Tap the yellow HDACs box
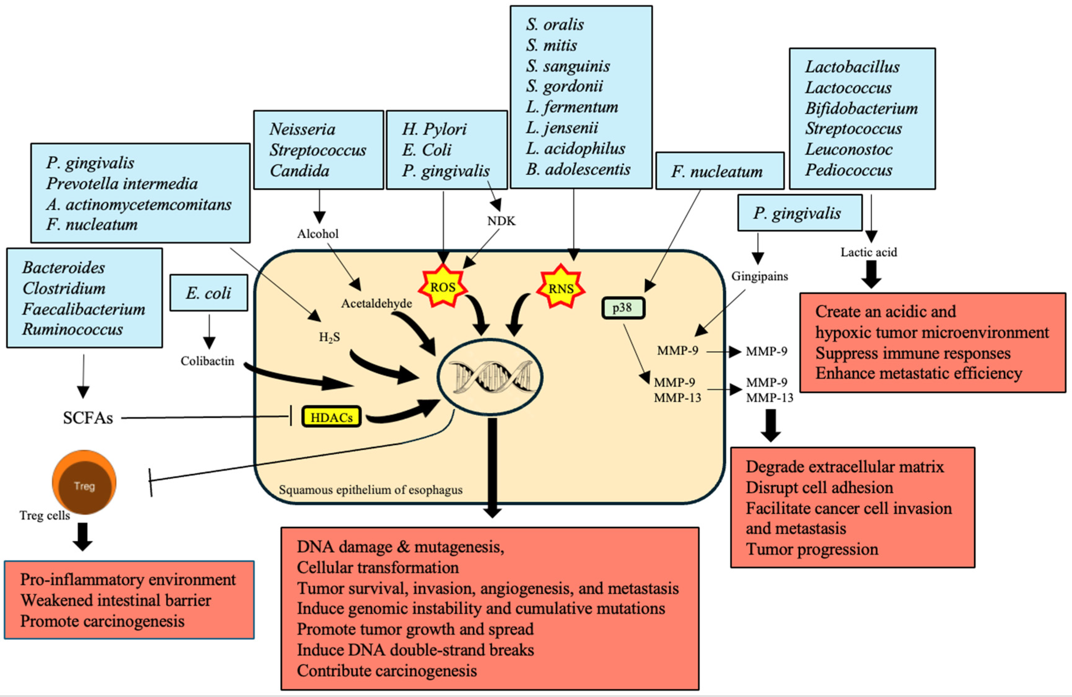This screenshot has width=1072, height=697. (x=331, y=417)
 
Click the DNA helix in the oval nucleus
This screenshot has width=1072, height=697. (x=490, y=377)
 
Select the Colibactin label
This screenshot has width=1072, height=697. (x=207, y=361)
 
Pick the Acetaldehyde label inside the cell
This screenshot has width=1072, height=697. (x=377, y=304)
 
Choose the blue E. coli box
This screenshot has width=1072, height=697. (x=208, y=293)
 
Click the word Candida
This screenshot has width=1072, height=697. (x=300, y=171)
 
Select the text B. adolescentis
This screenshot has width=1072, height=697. (x=578, y=170)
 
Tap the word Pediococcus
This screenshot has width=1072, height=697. (x=849, y=170)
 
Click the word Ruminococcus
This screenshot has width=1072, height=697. (x=72, y=329)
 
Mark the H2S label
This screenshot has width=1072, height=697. (x=329, y=337)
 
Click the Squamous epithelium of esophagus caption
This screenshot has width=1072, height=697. (x=370, y=490)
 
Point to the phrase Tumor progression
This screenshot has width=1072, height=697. (x=812, y=549)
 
